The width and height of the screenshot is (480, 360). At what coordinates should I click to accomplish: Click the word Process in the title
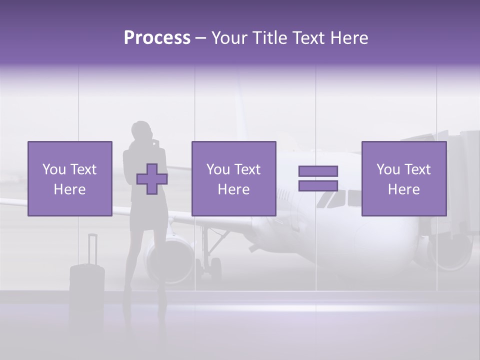coord(157,38)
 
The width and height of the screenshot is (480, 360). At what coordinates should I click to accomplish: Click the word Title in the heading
coord(269,38)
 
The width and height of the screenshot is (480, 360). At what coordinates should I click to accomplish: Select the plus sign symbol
coord(152,179)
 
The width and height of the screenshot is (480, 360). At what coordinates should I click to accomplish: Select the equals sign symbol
coord(318,178)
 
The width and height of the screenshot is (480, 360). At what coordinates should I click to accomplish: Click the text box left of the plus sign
coord(69,179)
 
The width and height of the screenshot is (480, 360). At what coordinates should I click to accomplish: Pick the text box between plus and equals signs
coord(233,179)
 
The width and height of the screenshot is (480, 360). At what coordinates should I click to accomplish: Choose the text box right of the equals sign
coord(403,179)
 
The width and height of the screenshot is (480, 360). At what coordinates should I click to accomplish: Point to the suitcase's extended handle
coord(92,247)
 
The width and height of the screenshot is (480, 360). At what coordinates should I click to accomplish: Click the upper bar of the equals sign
coord(318,171)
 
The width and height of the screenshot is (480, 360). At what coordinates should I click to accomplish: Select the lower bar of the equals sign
coord(318,186)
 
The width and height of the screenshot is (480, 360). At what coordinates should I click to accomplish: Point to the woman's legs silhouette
coord(148,265)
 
